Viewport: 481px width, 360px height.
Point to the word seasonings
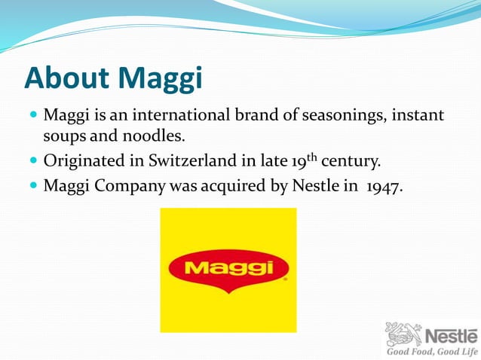(x=339, y=116)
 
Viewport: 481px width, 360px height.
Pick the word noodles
(x=155, y=138)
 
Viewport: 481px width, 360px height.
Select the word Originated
(x=81, y=161)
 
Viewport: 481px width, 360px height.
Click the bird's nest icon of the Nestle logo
(x=403, y=334)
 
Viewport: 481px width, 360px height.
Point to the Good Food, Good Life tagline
(x=431, y=352)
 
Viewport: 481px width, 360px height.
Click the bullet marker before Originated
(x=33, y=161)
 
